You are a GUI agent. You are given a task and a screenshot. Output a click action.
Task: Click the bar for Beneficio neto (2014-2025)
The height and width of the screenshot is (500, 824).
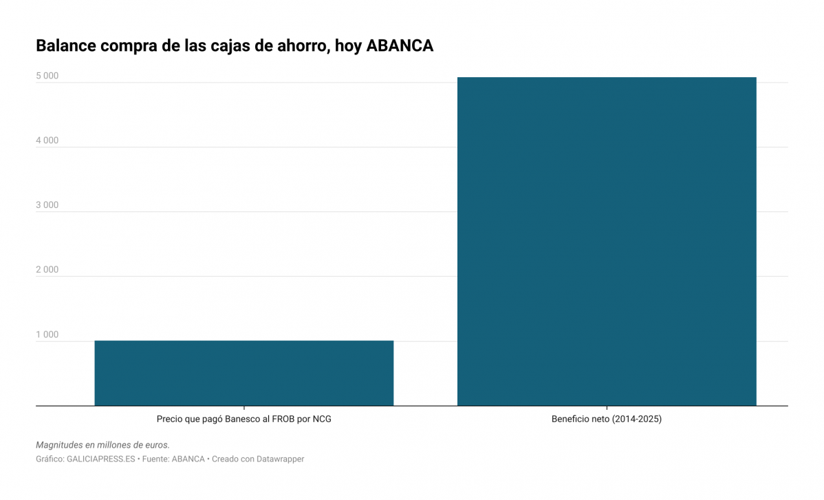(607, 241)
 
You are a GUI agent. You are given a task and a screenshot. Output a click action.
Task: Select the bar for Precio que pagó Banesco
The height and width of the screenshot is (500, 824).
(243, 373)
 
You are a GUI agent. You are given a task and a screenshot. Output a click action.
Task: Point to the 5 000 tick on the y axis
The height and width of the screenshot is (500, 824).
(47, 76)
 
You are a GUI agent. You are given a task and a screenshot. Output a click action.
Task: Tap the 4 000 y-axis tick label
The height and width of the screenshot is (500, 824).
(47, 140)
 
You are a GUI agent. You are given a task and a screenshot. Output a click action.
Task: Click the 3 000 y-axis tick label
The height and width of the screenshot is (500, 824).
(47, 205)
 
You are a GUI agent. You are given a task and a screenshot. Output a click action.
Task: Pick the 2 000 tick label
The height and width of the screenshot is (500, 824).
(47, 270)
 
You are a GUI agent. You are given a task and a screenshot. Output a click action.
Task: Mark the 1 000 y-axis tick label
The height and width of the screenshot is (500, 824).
(47, 335)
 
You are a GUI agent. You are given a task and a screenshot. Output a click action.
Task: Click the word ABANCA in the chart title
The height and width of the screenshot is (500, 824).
(400, 46)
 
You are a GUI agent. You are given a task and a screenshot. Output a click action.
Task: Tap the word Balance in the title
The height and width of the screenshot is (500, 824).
(65, 46)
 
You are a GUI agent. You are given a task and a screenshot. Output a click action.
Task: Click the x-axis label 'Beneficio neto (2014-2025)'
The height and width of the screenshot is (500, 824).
(607, 419)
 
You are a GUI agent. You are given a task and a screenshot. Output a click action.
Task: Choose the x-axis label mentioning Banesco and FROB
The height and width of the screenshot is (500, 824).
(243, 419)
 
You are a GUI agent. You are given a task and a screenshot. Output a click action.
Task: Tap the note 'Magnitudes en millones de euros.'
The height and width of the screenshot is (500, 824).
(102, 445)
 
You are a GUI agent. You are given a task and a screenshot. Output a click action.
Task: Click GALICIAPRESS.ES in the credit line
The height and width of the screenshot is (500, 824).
(100, 459)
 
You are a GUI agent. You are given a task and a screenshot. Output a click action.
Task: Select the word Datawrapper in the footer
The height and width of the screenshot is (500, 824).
(276, 459)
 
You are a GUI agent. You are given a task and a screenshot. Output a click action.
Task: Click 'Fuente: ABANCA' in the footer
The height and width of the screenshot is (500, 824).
(173, 459)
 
